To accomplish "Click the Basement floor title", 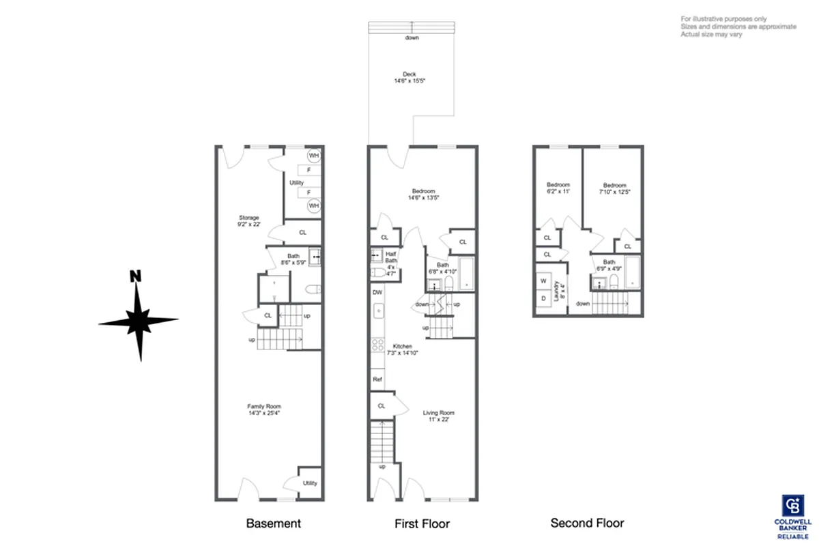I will (x=273, y=523).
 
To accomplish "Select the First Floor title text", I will (x=422, y=523).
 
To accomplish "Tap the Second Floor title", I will (x=587, y=523).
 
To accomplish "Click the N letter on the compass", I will (x=136, y=276).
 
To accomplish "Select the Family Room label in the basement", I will (x=263, y=407).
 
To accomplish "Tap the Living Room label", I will (x=439, y=413).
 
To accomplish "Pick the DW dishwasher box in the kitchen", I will (x=377, y=292).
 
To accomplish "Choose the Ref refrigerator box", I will (x=377, y=379).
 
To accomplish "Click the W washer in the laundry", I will (x=544, y=281).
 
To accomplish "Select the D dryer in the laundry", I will (x=544, y=298).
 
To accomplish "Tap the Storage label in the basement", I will (x=248, y=218).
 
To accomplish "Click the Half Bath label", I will (x=391, y=256).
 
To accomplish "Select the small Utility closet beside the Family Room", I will (x=310, y=483).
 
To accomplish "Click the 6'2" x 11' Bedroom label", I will (x=558, y=185).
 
